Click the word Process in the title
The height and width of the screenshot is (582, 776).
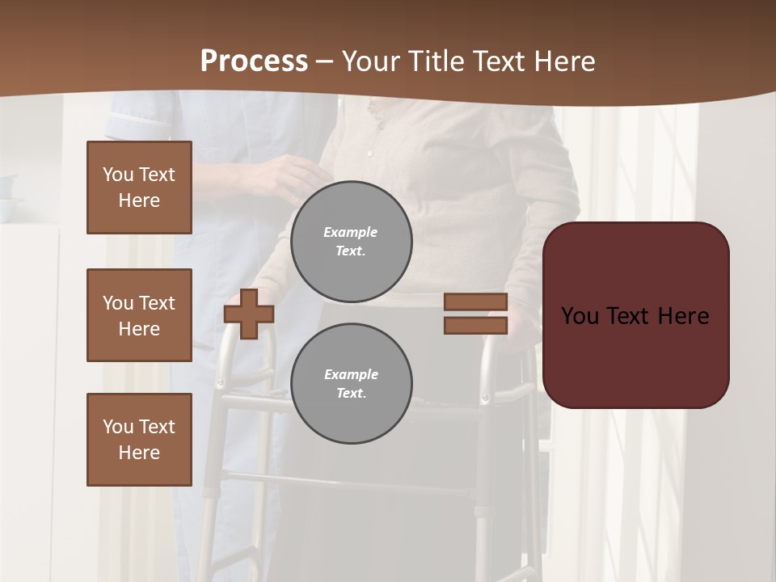(254, 61)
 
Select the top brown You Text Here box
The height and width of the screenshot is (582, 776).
(139, 188)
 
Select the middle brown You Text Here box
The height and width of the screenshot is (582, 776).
(139, 315)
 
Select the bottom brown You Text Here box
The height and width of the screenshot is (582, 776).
(139, 439)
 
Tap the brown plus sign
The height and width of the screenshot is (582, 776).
(248, 314)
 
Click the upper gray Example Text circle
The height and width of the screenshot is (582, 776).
(351, 241)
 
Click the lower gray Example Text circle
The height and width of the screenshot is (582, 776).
(351, 383)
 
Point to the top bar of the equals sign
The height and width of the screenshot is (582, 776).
(475, 302)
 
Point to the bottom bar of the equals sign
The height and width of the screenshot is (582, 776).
(475, 325)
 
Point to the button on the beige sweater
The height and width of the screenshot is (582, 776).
(369, 153)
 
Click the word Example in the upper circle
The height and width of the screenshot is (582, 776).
(350, 232)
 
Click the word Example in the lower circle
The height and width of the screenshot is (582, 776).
(351, 374)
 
